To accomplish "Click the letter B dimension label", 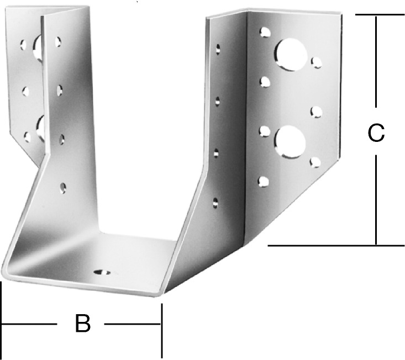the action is pos(83,323).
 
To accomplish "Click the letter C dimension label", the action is pos(376,133).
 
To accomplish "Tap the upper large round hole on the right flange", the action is pos(291,55).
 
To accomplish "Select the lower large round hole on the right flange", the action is pos(290,142).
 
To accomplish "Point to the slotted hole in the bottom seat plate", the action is pos(102,272).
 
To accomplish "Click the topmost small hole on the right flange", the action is pos(265,33).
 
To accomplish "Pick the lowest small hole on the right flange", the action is pos(263,182).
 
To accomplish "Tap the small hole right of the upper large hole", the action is pos(316,63).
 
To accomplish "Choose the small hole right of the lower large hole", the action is pos(315,162).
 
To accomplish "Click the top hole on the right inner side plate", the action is pos(218,49).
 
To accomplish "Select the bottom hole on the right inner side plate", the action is pos(215,203).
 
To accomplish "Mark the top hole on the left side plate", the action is pos(58,42).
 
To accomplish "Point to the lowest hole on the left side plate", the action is pos(63,188).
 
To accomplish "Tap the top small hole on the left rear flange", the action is pos(23,45).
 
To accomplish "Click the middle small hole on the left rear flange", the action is pos(25,91).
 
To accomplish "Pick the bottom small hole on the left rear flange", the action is pos(27,137).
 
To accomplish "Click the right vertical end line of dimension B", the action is pos(162,331).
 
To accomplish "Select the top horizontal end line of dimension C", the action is pos(380,14).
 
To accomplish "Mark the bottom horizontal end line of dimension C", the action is pos(336,245).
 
